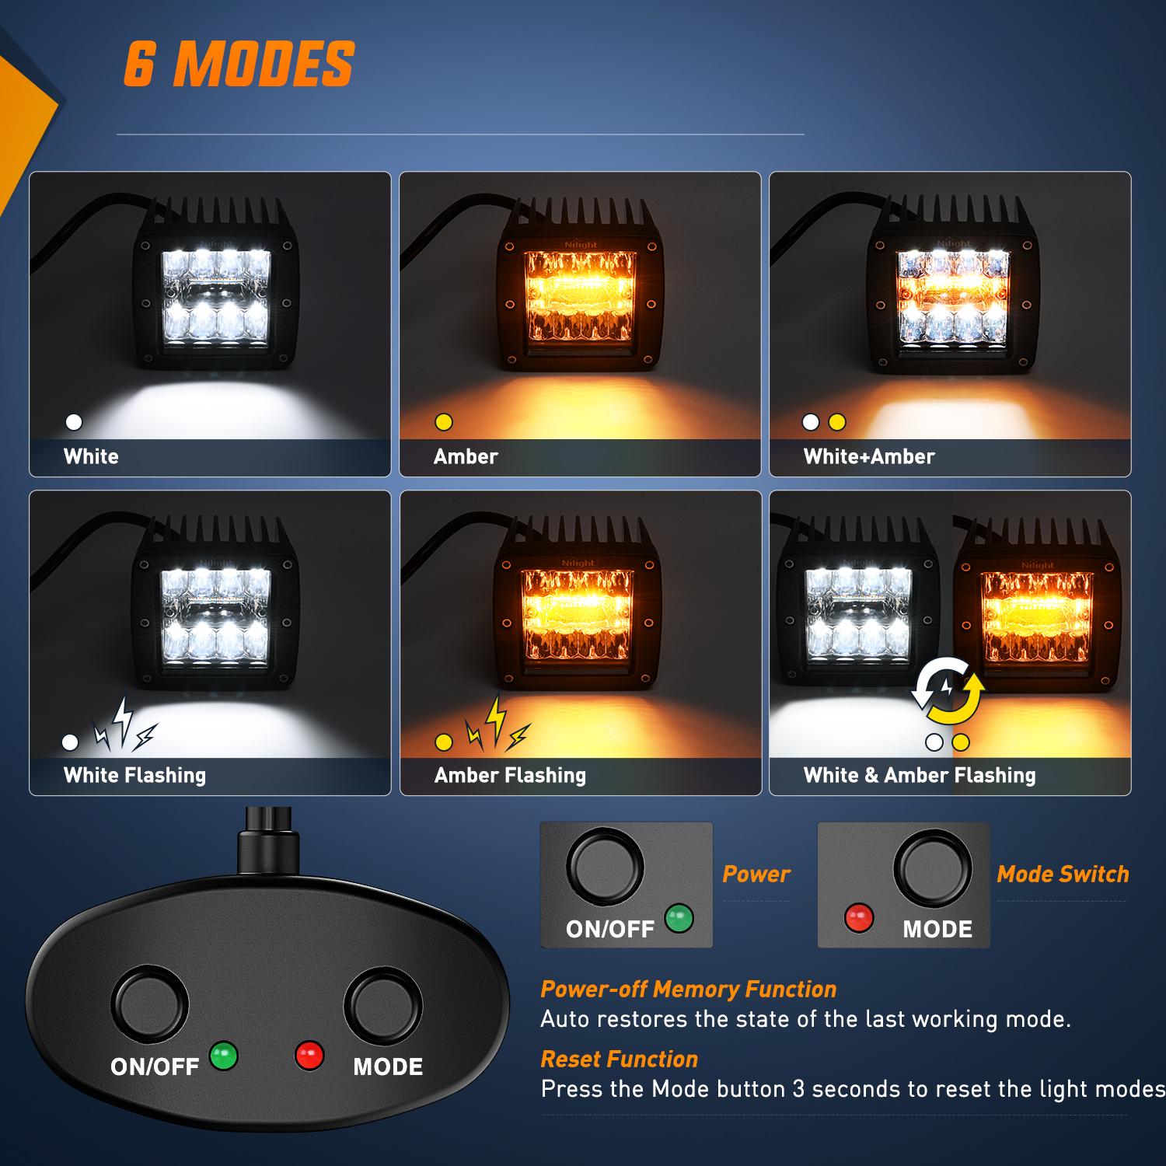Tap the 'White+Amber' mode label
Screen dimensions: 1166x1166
click(x=868, y=456)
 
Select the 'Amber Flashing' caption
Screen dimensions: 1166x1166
click(x=510, y=775)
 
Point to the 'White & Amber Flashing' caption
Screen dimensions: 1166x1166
click(x=919, y=775)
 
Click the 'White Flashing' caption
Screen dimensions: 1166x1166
click(x=134, y=775)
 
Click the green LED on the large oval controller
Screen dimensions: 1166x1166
click(x=224, y=1056)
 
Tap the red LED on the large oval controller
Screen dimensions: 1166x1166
click(x=309, y=1056)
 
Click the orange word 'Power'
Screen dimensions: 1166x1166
click(x=756, y=874)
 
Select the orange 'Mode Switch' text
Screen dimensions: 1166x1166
click(x=1062, y=874)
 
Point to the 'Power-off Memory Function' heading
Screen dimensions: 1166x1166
click(x=688, y=989)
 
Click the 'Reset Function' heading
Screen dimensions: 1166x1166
click(x=619, y=1059)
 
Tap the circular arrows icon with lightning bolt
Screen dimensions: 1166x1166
click(x=948, y=689)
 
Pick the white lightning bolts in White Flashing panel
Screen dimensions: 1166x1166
click(x=124, y=725)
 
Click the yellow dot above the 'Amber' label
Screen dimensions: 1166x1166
click(x=444, y=422)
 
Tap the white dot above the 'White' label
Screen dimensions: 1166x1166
click(x=74, y=422)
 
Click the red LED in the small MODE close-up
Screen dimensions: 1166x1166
click(x=859, y=918)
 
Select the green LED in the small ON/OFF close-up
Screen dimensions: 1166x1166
click(x=679, y=918)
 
